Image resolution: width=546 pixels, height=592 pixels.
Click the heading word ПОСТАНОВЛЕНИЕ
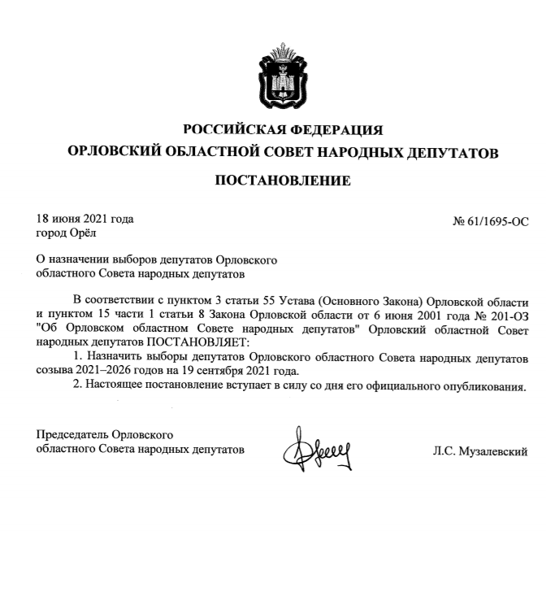coord(282,180)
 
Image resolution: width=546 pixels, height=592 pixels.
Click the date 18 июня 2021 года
coord(85,219)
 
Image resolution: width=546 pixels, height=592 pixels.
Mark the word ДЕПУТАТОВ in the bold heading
coord(449,153)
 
